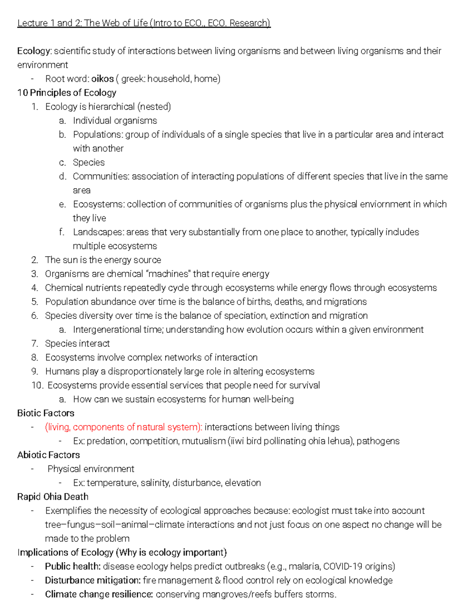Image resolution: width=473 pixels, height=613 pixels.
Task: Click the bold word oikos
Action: point(102,79)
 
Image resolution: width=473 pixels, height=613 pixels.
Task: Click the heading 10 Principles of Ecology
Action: point(67,93)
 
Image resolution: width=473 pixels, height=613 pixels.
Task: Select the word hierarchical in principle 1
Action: point(112,107)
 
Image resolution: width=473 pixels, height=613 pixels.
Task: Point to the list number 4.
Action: point(35,288)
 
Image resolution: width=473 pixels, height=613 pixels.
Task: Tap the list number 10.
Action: point(37,385)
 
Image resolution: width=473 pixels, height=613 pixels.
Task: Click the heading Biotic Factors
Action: point(46,413)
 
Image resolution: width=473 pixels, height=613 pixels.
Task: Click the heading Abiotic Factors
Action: point(48,455)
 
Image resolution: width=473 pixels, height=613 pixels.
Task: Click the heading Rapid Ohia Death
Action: point(53,497)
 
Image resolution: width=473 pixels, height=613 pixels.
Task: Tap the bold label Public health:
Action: point(73,566)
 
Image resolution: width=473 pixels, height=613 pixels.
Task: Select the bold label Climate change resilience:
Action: point(99,594)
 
